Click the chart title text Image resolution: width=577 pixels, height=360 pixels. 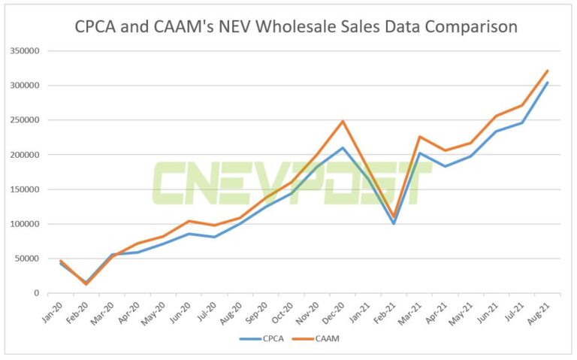point(296,27)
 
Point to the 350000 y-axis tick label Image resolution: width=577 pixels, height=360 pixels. point(25,51)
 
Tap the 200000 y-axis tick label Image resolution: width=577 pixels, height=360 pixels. point(25,155)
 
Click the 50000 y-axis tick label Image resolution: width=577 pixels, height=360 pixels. point(27,259)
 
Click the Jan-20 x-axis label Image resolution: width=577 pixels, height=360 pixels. point(52,310)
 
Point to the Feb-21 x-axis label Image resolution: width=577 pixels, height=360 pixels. point(385,310)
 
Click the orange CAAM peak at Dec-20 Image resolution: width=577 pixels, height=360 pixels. point(343,121)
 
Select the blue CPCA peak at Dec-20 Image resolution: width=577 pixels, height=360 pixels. point(343,147)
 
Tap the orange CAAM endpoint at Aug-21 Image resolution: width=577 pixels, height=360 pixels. point(548,71)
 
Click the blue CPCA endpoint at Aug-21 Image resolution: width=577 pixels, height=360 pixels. point(548,83)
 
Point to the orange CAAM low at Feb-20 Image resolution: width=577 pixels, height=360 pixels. point(86,284)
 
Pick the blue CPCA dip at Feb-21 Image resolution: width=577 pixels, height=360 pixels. point(394,223)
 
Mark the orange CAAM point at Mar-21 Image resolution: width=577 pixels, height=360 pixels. point(419,137)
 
